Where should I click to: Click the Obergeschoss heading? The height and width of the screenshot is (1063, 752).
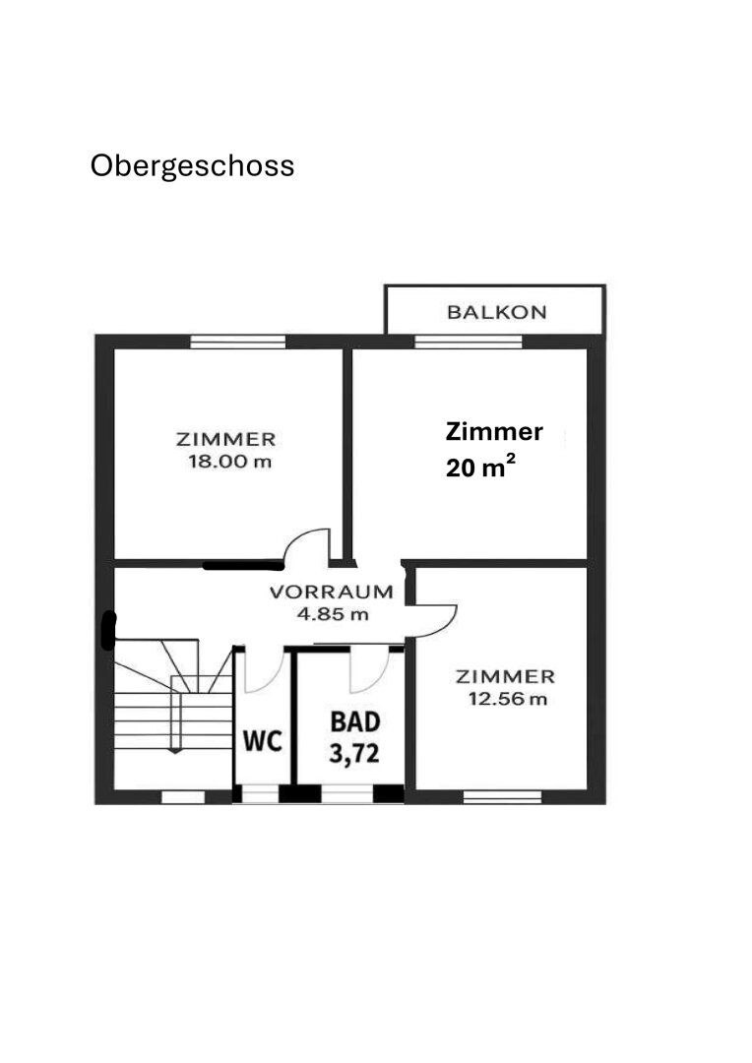(192, 166)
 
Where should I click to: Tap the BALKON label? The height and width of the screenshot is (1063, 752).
(496, 313)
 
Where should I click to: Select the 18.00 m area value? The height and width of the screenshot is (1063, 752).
(230, 463)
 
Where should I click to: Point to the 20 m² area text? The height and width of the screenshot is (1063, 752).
(480, 466)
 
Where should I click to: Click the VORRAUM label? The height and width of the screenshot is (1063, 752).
(332, 592)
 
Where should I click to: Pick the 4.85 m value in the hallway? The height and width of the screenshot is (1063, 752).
(333, 614)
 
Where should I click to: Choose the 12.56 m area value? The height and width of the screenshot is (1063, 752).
(507, 699)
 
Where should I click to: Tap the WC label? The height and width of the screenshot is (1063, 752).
(263, 741)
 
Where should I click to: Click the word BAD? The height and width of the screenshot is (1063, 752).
(354, 722)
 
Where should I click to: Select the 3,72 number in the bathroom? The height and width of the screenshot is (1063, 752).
(353, 753)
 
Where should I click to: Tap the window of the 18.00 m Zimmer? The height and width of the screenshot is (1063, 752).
(237, 343)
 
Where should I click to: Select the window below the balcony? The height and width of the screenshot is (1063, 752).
(469, 342)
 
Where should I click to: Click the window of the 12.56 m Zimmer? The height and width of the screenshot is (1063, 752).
(502, 796)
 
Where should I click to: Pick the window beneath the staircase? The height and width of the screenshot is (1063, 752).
(183, 797)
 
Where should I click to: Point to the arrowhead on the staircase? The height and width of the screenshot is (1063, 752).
(175, 750)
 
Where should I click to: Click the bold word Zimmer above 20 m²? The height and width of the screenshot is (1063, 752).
(494, 432)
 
